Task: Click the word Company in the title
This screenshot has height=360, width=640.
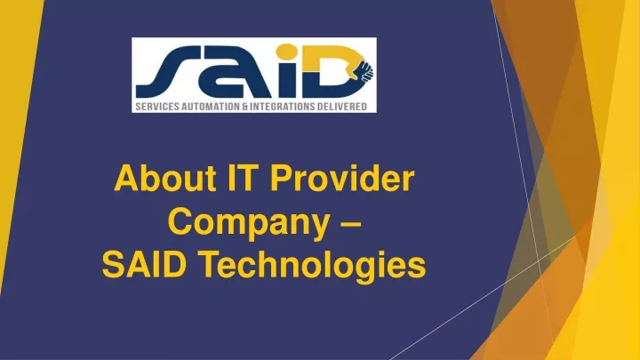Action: pos(249,222)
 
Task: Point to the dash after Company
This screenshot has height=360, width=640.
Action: pos(350,224)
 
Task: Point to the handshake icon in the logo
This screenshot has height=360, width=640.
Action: pos(364,70)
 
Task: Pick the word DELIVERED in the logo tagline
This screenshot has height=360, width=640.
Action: pos(341,107)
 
